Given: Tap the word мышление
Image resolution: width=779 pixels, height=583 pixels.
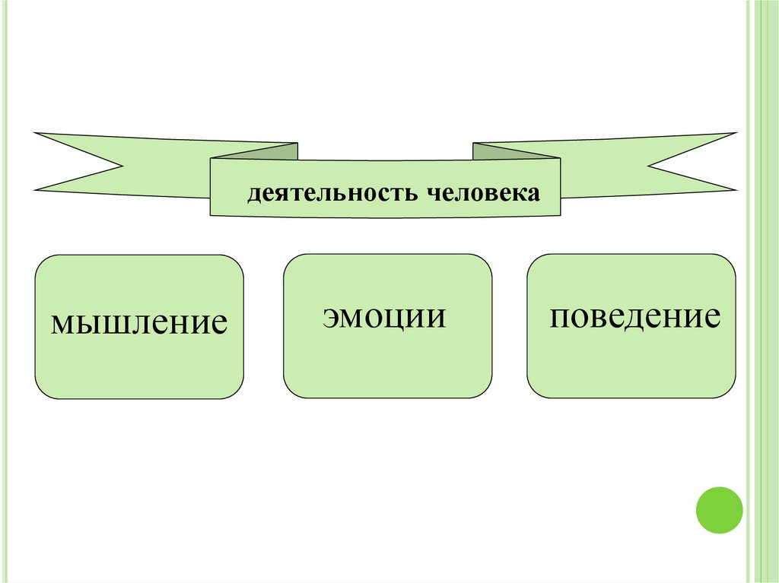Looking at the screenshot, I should (139, 322).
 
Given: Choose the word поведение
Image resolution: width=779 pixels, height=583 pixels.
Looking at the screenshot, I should (635, 315).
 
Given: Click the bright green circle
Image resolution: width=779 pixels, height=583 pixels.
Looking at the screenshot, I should (719, 510).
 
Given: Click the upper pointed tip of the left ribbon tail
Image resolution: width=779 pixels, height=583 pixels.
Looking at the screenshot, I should (36, 134).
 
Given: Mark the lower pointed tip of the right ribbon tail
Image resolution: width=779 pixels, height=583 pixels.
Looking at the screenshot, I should (735, 189).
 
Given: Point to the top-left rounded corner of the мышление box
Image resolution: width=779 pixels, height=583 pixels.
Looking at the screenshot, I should (43, 262).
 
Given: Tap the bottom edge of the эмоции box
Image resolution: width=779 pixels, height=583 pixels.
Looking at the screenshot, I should (387, 398).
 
